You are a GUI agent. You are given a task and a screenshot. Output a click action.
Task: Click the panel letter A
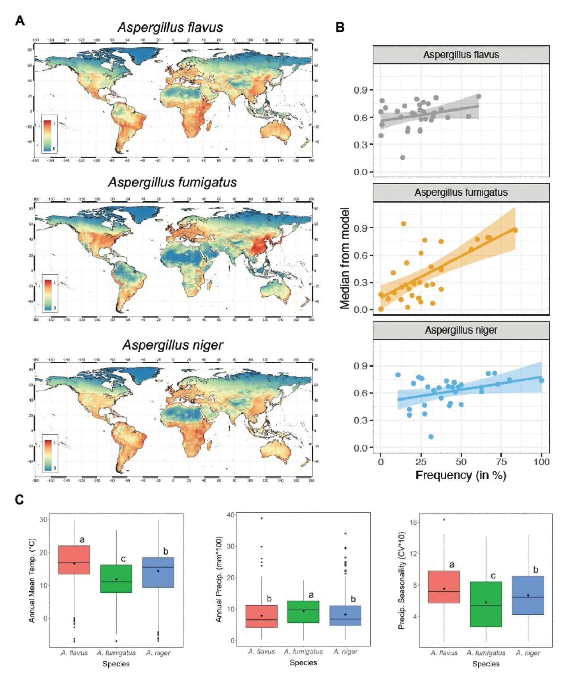point(20,21)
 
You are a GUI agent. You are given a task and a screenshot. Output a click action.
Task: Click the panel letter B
point(340,27)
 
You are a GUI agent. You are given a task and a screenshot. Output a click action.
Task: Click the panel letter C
point(19,499)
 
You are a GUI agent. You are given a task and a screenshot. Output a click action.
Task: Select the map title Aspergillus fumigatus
point(172,182)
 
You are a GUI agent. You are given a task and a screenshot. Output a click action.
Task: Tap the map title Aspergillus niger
point(173,345)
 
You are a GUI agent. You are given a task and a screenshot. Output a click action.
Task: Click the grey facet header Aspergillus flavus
point(461,55)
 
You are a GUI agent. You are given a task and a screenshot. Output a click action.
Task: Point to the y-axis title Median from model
point(344,258)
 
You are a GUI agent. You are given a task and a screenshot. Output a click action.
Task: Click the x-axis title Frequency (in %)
point(461,475)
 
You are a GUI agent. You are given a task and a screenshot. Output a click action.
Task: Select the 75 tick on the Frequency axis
point(501,462)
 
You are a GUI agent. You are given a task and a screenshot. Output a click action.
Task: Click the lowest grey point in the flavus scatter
point(403,158)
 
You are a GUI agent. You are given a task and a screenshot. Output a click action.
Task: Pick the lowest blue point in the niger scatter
point(431,437)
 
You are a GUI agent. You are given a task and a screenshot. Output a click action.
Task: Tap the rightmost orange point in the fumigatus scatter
point(515,230)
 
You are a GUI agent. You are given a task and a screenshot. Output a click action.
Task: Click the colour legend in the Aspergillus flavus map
point(49,134)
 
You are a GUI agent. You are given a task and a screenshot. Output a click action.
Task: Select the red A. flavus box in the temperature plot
point(74,560)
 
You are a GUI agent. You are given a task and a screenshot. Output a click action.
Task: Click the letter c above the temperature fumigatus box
point(123,559)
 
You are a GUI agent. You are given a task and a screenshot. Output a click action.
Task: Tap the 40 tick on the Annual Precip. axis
point(230,515)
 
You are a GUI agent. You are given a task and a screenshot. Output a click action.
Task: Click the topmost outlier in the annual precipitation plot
point(262,518)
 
